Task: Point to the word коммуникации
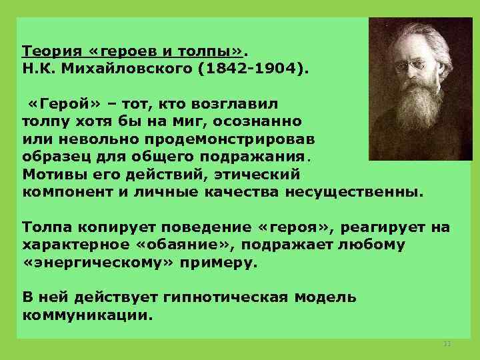click(x=87, y=314)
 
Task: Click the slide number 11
click(x=447, y=343)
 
